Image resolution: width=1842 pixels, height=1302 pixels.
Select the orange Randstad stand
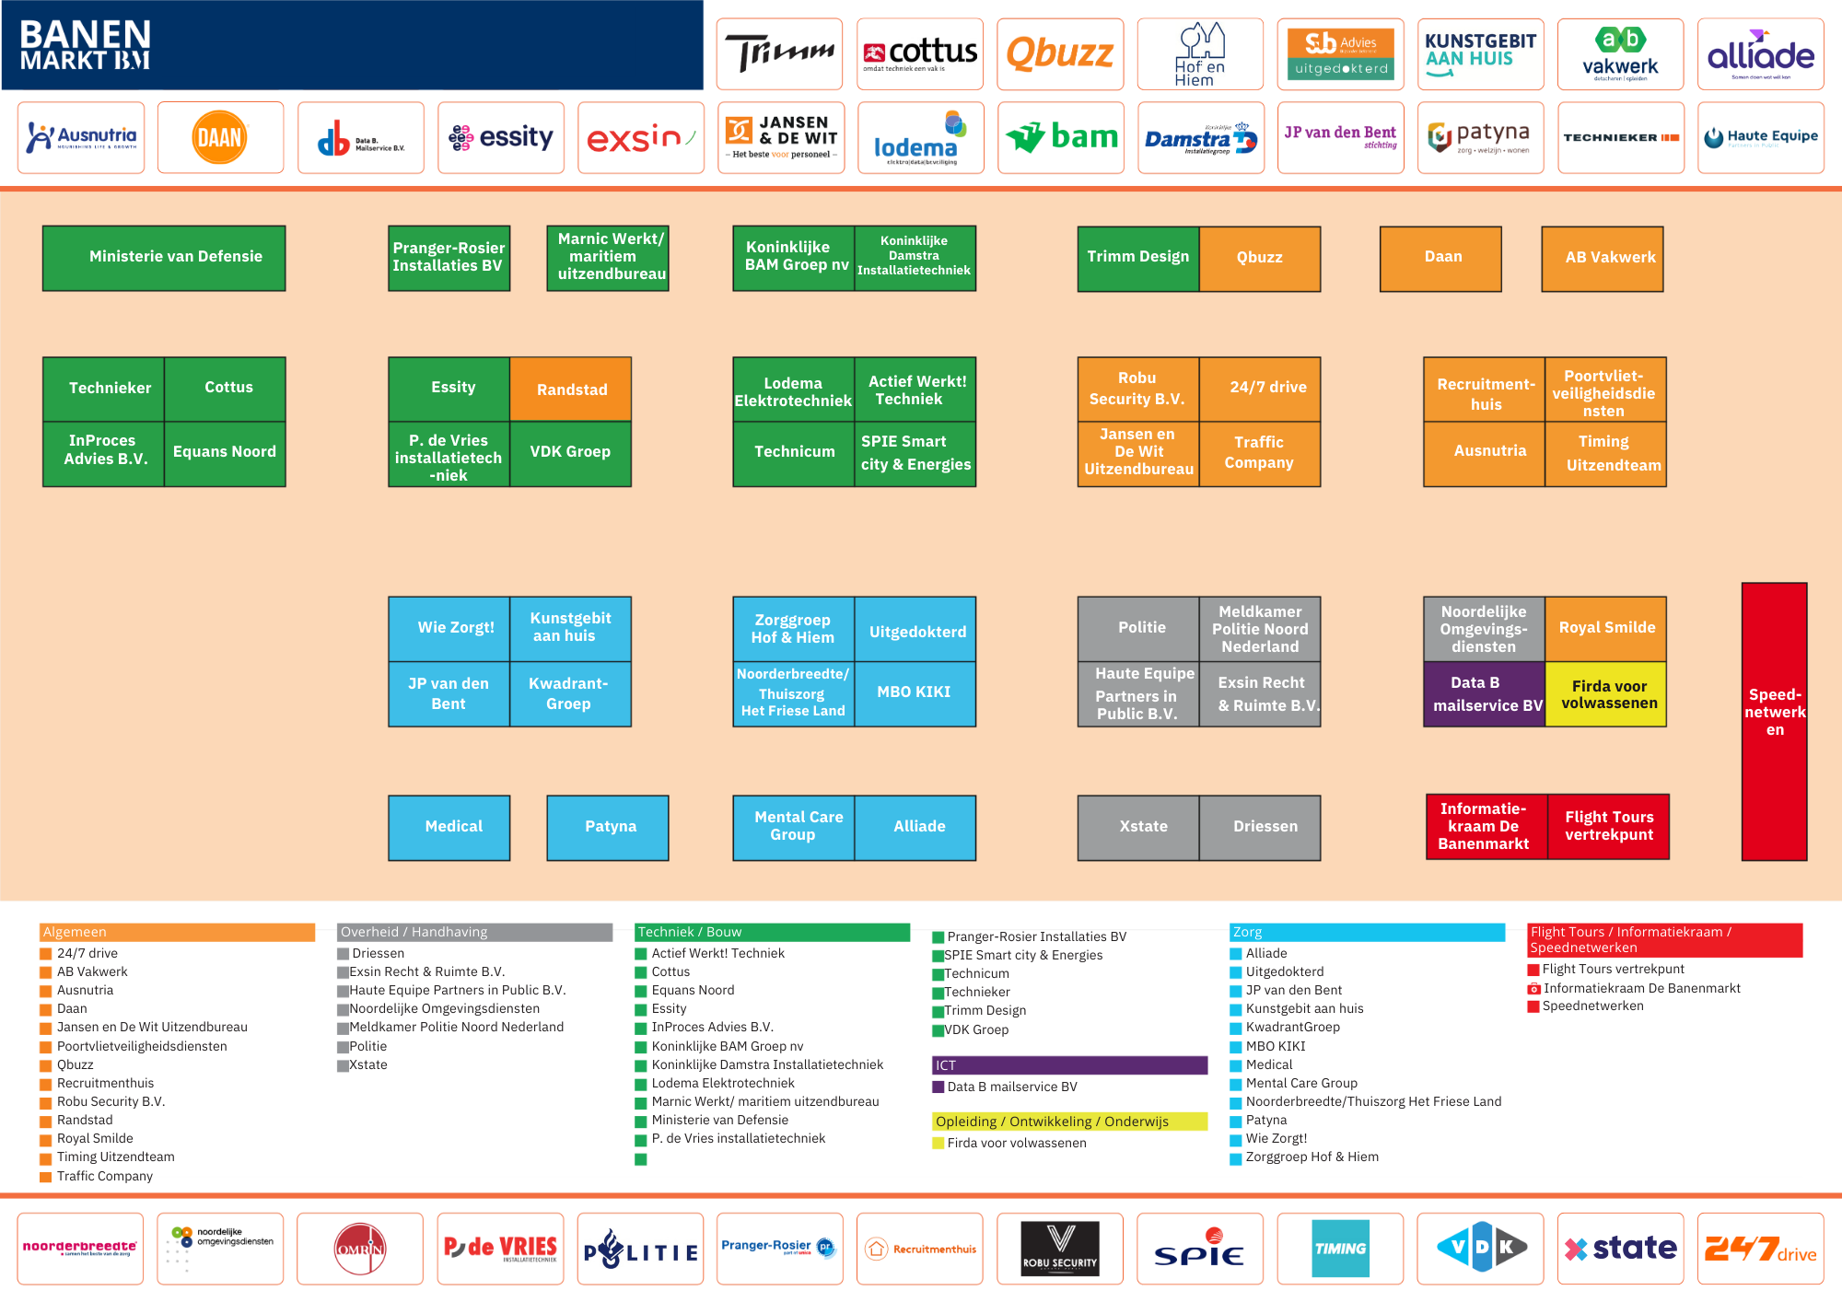coord(571,389)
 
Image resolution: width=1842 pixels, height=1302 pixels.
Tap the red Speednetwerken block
coord(1774,722)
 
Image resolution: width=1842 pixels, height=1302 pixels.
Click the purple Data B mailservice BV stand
coord(1485,694)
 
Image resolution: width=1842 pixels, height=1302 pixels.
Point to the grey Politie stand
coord(1139,628)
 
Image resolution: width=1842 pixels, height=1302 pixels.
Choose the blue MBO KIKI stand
coord(915,693)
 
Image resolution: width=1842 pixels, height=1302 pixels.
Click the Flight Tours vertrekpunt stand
coord(1608,826)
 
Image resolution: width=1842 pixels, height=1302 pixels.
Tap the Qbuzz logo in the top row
coord(1060,54)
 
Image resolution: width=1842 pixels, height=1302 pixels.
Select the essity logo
coord(500,138)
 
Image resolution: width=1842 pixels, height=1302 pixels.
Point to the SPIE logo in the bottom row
coord(1200,1250)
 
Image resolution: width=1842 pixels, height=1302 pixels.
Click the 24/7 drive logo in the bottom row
coord(1760,1250)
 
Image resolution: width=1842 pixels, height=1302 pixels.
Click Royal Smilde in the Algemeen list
coord(95,1138)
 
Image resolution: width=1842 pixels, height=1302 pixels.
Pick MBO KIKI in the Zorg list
coord(1276,1046)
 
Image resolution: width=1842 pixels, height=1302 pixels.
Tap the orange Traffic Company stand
coord(1259,453)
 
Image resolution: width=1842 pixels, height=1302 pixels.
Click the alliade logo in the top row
coord(1760,54)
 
